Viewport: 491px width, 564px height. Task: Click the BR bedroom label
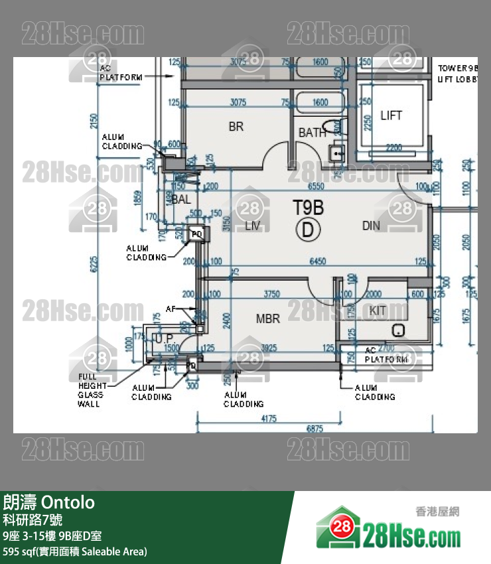236,126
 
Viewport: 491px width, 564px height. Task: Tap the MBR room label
268,318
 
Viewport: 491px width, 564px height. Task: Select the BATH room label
312,133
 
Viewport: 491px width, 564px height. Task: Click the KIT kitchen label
378,311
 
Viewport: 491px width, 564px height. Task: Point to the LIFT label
391,115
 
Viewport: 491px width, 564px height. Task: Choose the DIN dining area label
371,226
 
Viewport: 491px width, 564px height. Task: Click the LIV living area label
252,226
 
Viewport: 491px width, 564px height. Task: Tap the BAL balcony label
181,198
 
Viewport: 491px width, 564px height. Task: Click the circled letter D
308,230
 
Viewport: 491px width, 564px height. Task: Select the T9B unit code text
309,208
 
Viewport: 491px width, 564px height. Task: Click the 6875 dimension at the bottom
315,429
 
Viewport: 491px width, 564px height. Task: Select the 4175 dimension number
269,419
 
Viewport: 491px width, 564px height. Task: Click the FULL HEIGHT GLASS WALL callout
92,390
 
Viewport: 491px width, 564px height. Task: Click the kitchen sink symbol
398,330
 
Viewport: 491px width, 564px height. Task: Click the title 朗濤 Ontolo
49,502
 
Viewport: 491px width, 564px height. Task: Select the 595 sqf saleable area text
75,551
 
